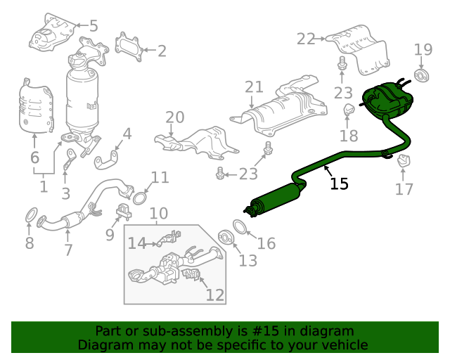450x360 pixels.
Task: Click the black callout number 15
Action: point(339,184)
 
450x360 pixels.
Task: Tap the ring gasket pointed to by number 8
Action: point(31,214)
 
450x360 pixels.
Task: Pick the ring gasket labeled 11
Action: point(139,199)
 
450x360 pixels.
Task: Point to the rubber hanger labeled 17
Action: point(404,161)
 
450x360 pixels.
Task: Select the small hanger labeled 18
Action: point(349,110)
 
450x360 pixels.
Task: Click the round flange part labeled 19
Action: point(421,75)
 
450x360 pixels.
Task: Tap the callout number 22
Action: point(306,39)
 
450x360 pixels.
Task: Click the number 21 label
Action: point(254,87)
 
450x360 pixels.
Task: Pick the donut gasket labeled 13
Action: point(226,237)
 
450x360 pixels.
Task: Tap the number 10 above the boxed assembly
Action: point(159,213)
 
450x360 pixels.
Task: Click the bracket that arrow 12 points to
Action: point(191,274)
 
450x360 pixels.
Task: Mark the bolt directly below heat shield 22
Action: point(342,63)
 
